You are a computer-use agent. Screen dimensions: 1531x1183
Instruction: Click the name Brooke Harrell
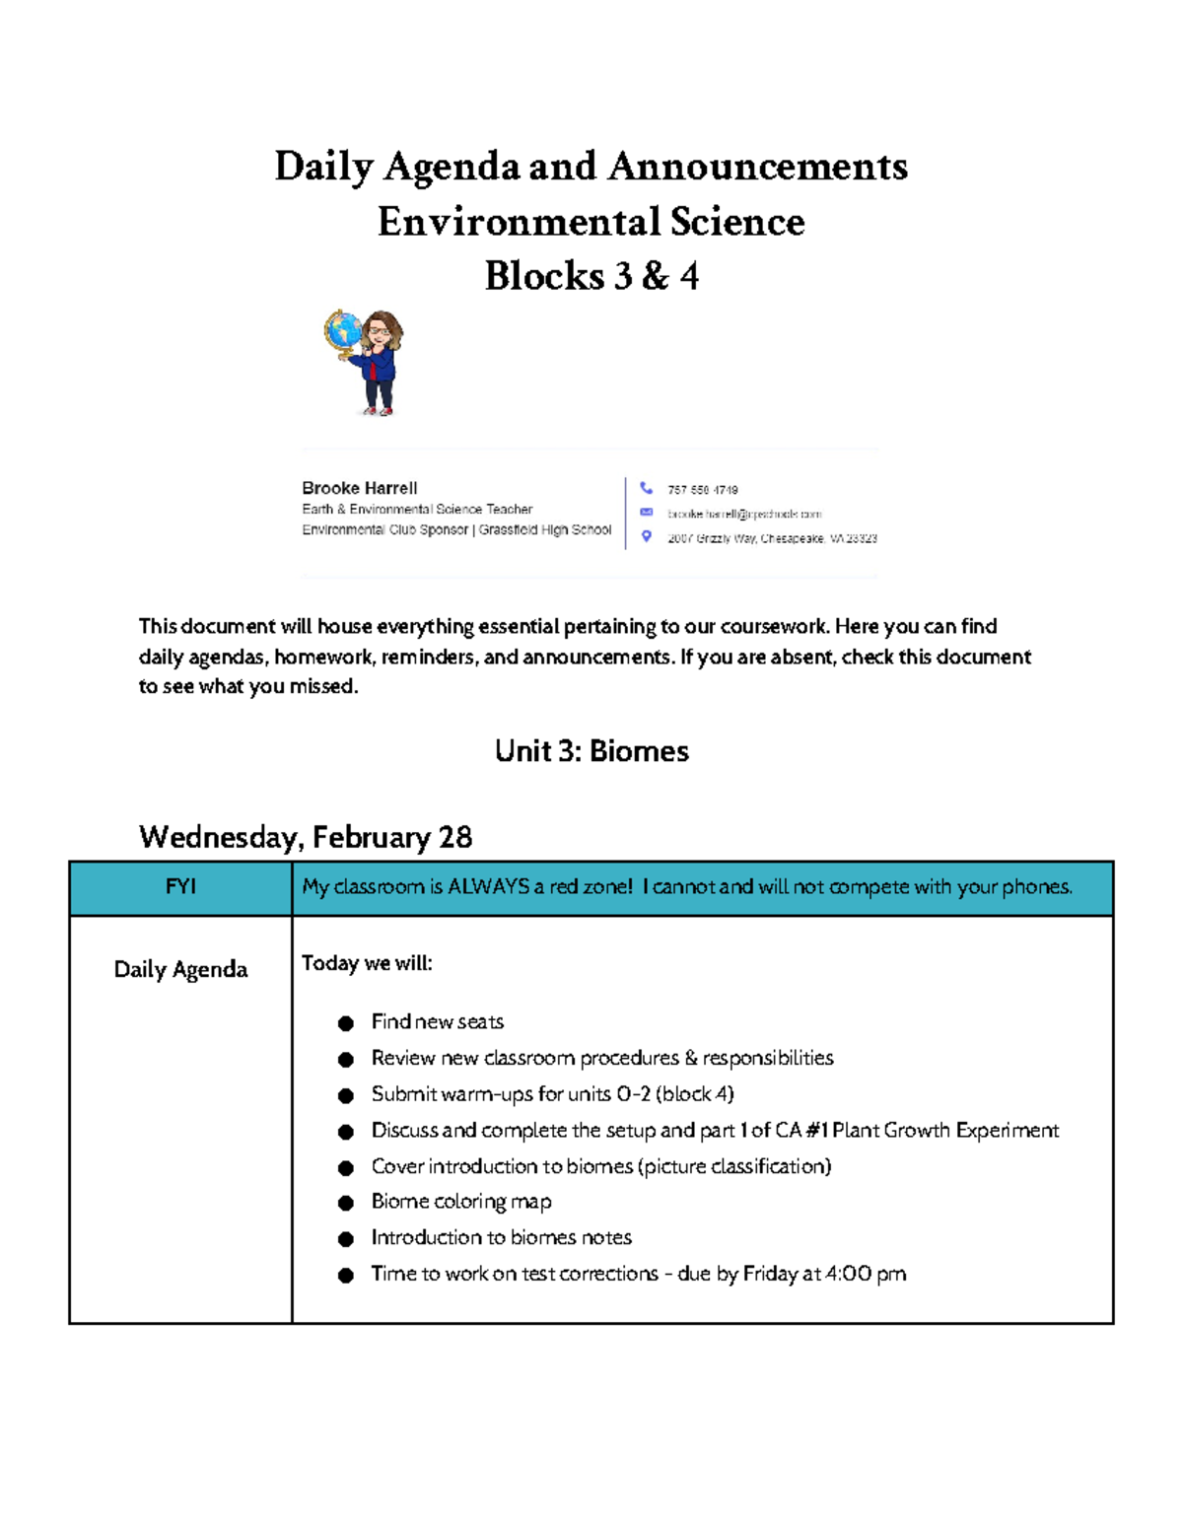pyautogui.click(x=359, y=488)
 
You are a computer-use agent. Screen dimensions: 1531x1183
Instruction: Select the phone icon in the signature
pyautogui.click(x=646, y=488)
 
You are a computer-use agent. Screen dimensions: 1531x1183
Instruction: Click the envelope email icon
pyautogui.click(x=646, y=513)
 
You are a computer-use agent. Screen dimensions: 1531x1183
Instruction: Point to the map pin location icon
pyautogui.click(x=646, y=536)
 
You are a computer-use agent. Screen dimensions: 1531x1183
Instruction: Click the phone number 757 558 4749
pyautogui.click(x=702, y=490)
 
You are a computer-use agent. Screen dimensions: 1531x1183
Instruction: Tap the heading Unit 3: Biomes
pyautogui.click(x=591, y=751)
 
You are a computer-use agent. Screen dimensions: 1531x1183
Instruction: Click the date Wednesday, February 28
pyautogui.click(x=306, y=837)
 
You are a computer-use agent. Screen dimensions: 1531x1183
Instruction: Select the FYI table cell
pyautogui.click(x=180, y=887)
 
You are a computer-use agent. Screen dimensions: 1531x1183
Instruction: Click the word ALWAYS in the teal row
pyautogui.click(x=489, y=887)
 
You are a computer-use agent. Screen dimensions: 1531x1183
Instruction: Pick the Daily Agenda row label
pyautogui.click(x=180, y=969)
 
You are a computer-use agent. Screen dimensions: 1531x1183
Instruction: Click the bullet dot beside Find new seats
pyautogui.click(x=345, y=1023)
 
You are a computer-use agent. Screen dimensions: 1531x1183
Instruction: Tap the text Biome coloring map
pyautogui.click(x=460, y=1202)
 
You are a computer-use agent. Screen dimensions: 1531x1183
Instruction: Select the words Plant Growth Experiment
pyautogui.click(x=944, y=1130)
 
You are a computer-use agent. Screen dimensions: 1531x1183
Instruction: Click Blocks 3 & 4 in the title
pyautogui.click(x=591, y=276)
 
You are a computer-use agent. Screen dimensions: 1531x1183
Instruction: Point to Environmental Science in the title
pyautogui.click(x=591, y=222)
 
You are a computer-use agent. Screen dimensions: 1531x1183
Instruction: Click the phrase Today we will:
pyautogui.click(x=367, y=963)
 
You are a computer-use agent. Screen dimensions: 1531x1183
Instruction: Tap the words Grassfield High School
pyautogui.click(x=545, y=529)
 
